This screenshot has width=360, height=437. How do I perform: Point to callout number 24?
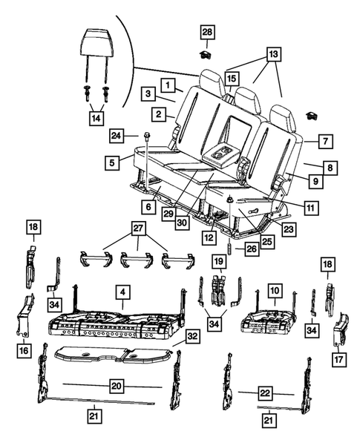[x=116, y=136]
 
